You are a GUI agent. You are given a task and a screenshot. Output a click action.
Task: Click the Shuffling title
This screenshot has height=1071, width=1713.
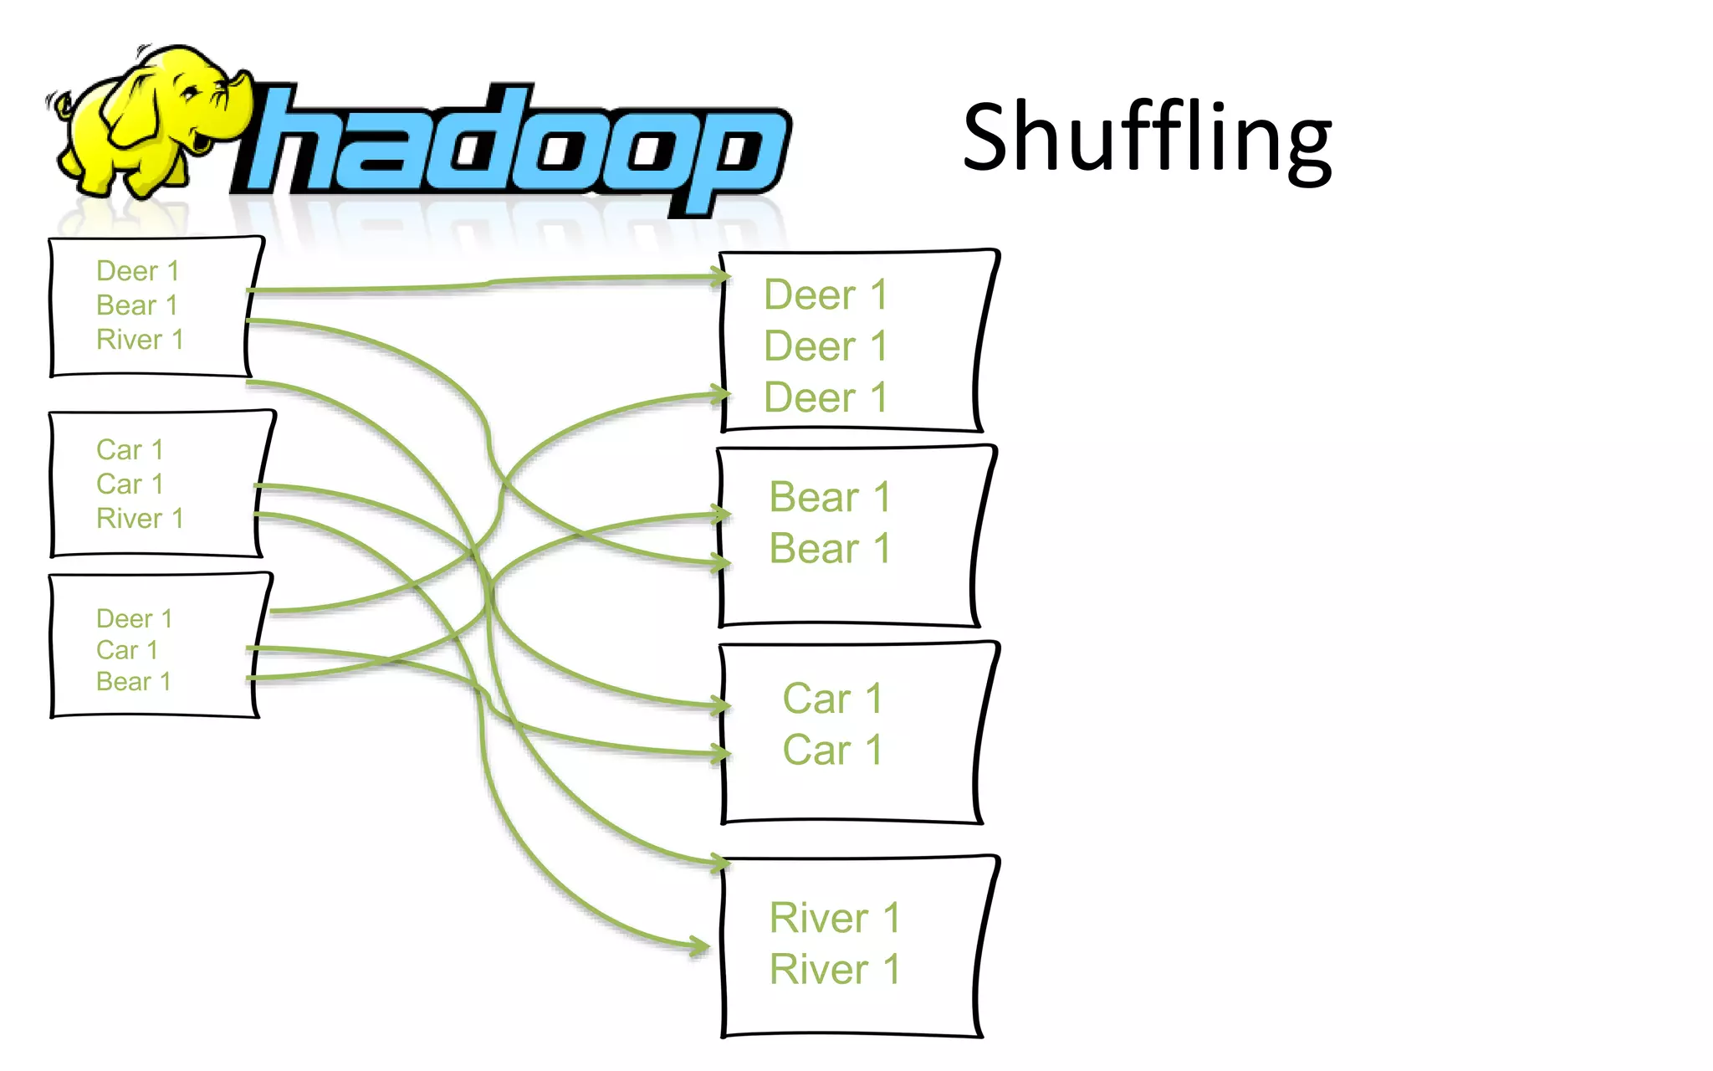(x=1147, y=138)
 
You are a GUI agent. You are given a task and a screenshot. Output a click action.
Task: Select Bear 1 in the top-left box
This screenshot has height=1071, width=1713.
(x=137, y=305)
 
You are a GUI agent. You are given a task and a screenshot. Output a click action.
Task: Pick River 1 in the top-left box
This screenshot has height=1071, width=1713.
(x=140, y=340)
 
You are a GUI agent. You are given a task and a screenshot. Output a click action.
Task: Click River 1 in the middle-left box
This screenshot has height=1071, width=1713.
(x=140, y=519)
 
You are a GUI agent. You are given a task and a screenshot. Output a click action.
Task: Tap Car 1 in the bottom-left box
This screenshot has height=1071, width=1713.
(x=127, y=650)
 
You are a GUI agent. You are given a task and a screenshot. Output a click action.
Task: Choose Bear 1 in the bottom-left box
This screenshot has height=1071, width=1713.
(x=134, y=682)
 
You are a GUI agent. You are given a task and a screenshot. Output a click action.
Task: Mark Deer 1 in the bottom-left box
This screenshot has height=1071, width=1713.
(x=135, y=619)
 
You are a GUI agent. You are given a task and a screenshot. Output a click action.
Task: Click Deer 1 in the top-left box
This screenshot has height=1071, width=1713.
(x=138, y=271)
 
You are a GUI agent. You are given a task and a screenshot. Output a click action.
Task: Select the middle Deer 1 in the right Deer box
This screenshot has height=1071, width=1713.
(x=826, y=346)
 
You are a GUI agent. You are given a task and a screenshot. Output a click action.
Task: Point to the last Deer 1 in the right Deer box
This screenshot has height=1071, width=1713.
(x=826, y=397)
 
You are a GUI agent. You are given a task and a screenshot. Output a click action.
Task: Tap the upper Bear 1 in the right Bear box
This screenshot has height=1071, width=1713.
(x=830, y=498)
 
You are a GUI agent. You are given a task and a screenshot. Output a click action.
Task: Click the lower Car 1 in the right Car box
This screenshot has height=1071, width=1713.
(x=833, y=750)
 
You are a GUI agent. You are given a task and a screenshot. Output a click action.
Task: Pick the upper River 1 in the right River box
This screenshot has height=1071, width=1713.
(x=835, y=918)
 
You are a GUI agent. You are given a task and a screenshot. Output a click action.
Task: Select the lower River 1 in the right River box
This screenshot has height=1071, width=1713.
(x=835, y=970)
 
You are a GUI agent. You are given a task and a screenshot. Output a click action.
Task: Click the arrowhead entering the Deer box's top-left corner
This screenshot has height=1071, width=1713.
(x=718, y=276)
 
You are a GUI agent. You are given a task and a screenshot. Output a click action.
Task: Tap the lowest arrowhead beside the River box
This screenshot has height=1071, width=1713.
(x=699, y=947)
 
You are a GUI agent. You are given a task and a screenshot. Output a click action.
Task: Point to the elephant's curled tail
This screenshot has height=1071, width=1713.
(x=60, y=103)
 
